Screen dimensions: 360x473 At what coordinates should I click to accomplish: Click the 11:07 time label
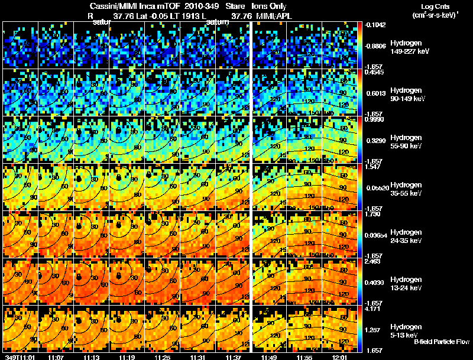[57, 357]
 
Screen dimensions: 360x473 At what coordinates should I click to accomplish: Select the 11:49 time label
[269, 357]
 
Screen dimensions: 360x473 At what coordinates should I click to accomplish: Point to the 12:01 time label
[341, 357]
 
